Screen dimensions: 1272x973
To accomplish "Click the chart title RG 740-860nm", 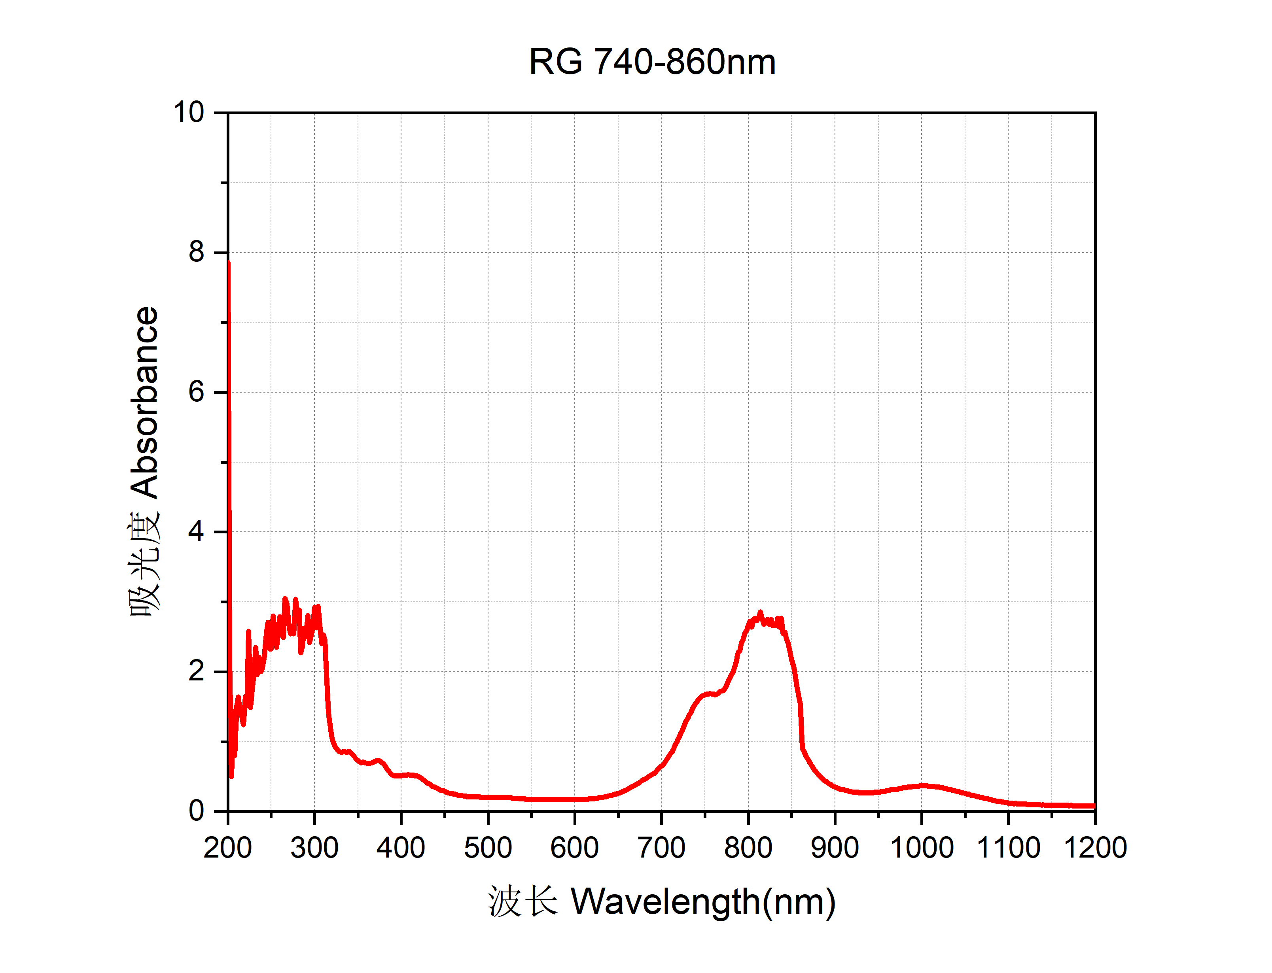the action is [x=652, y=61].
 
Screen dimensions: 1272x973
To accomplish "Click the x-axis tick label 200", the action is [x=228, y=848].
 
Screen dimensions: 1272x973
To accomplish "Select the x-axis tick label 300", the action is [x=314, y=848].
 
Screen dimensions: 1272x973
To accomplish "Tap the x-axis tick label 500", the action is [x=488, y=848].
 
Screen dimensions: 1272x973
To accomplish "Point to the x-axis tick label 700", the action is [x=661, y=848].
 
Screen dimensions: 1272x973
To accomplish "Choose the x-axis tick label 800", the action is [x=748, y=848].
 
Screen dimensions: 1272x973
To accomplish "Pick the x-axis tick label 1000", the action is [x=922, y=848].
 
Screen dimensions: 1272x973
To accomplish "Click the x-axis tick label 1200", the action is [x=1095, y=848].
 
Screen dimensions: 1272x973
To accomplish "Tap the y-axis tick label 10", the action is [x=189, y=112].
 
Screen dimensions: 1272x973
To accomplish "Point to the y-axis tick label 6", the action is [x=197, y=392].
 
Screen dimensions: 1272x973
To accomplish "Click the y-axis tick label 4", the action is [x=197, y=532].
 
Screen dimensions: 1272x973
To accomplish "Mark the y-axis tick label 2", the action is [x=197, y=671].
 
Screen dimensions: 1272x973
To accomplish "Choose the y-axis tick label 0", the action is [x=197, y=811].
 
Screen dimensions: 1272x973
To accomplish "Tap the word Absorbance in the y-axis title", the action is [x=144, y=402].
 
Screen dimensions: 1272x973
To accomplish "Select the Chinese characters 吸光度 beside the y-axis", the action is [x=144, y=565].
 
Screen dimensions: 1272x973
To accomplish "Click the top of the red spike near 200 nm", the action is [x=229, y=263].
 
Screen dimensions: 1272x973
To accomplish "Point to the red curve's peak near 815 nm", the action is [x=760, y=612].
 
